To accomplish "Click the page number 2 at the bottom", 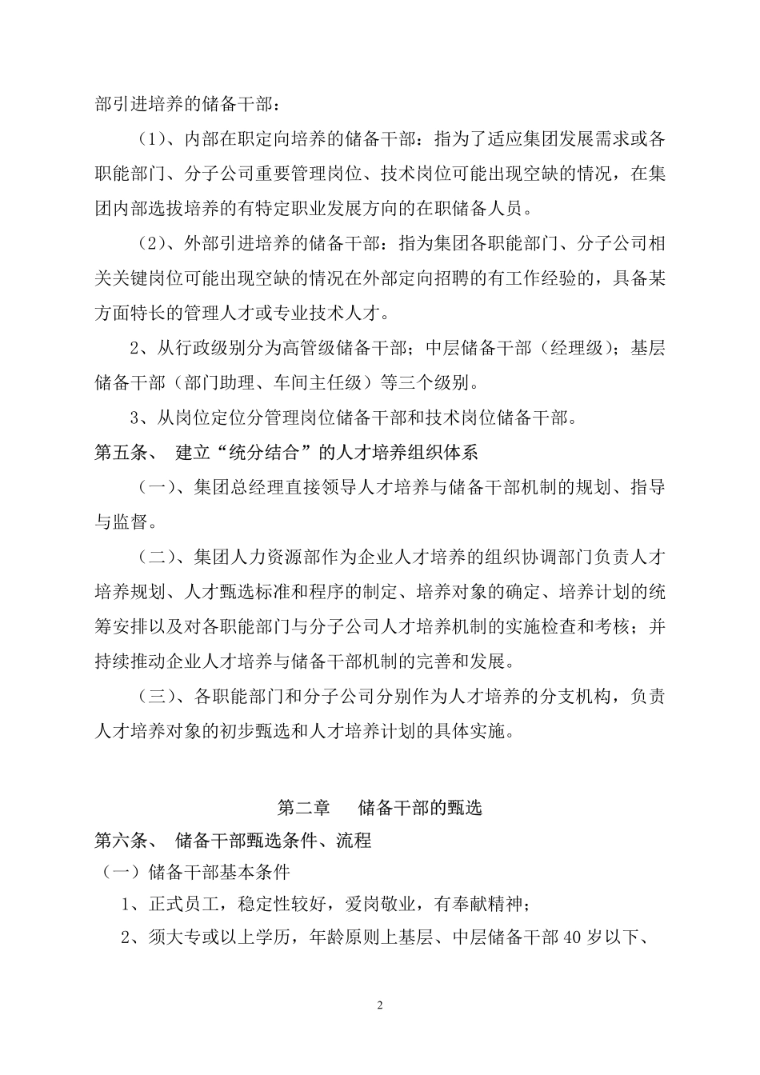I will click(x=380, y=1005).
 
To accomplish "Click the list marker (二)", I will click(x=158, y=557).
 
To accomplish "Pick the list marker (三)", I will click(x=158, y=697).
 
